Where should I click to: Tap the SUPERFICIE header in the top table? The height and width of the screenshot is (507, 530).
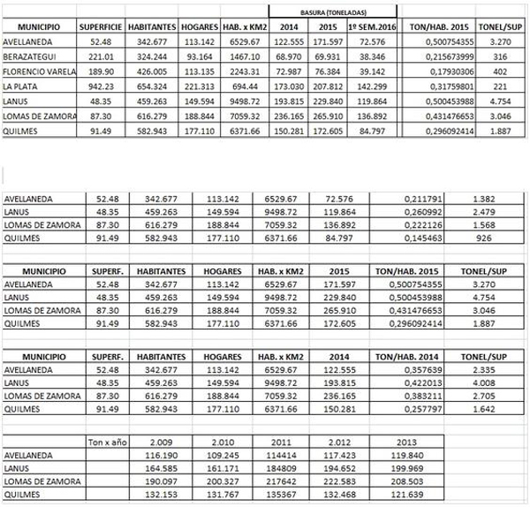[100, 28]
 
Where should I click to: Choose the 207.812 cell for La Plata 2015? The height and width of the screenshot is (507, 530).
[329, 87]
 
